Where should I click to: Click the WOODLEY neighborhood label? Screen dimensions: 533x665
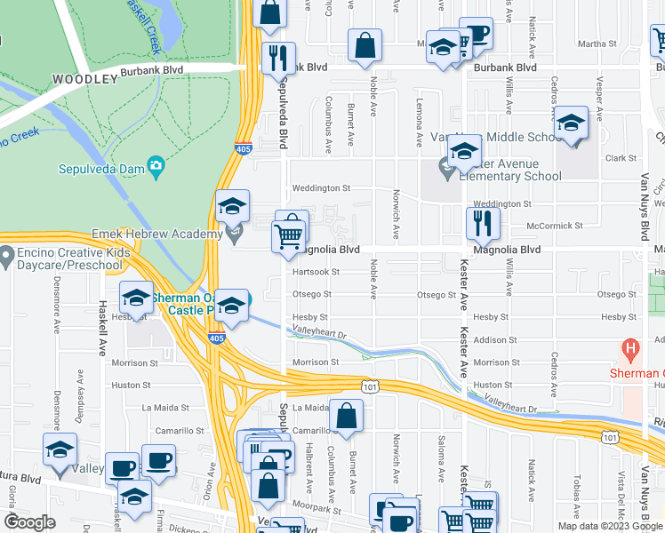[x=84, y=79]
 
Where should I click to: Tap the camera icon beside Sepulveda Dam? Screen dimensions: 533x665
[x=156, y=165]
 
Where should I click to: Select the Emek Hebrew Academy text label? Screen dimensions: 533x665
[x=157, y=235]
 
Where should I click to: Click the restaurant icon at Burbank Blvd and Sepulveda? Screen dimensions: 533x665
[x=278, y=58]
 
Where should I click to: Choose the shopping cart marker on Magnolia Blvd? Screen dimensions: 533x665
[x=288, y=237]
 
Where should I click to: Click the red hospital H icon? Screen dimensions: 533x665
[x=631, y=349]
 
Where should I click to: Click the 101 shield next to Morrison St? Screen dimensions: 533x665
[x=371, y=386]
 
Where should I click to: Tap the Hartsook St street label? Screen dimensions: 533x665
[x=316, y=272]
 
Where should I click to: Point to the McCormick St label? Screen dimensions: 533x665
[x=552, y=225]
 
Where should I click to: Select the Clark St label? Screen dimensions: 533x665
[x=616, y=158]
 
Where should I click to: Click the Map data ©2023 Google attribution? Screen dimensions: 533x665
[x=610, y=525]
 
